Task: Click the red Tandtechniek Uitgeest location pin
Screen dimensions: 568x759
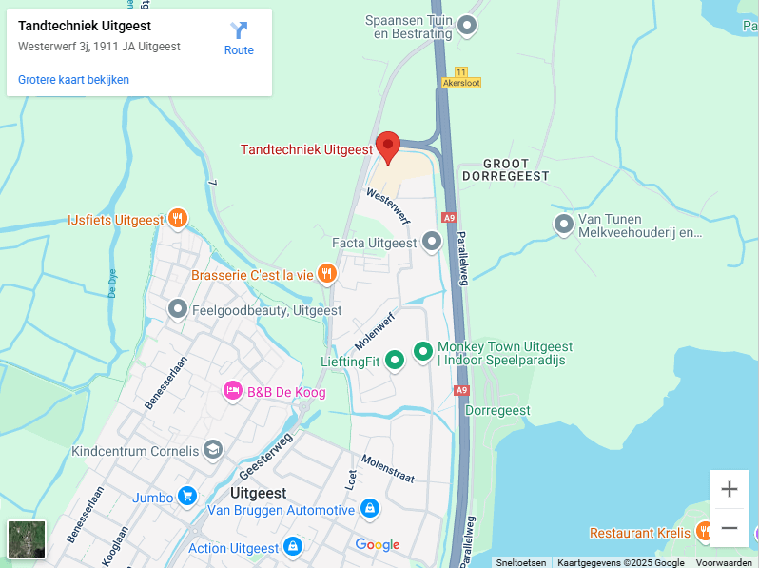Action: pyautogui.click(x=387, y=146)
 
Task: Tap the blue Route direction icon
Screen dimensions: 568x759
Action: pyautogui.click(x=239, y=30)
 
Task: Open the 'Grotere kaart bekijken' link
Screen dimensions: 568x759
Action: pyautogui.click(x=73, y=80)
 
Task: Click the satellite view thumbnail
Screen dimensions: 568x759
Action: pyautogui.click(x=26, y=539)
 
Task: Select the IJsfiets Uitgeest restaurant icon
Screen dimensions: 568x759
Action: pyautogui.click(x=177, y=220)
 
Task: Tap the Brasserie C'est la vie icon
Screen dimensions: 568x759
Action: pyautogui.click(x=327, y=275)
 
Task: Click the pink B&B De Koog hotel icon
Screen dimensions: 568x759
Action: pyautogui.click(x=232, y=391)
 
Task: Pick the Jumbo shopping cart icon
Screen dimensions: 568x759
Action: pyautogui.click(x=187, y=497)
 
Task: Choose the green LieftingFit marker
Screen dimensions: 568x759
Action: pyautogui.click(x=394, y=360)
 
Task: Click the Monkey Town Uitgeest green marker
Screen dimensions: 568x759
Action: pyautogui.click(x=423, y=351)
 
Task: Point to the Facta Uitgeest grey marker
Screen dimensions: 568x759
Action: pyautogui.click(x=432, y=243)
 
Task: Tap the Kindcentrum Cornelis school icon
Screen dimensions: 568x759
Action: pyautogui.click(x=213, y=450)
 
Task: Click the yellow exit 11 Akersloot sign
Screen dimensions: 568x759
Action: pyautogui.click(x=461, y=77)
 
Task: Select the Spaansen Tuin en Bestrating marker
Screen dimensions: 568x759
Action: pyautogui.click(x=467, y=27)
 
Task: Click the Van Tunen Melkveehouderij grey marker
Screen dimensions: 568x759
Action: pyautogui.click(x=564, y=225)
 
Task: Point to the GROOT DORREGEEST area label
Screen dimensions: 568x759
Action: pyautogui.click(x=505, y=169)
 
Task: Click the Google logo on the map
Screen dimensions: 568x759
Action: pyautogui.click(x=378, y=544)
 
